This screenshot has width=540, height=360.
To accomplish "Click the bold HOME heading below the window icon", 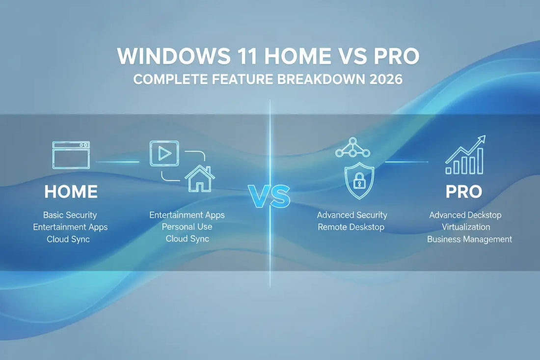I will tap(71, 192).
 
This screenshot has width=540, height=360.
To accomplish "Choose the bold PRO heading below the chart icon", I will tap(464, 192).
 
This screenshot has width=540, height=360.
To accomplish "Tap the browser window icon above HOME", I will tap(71, 155).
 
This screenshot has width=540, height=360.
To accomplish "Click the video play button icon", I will tap(164, 153).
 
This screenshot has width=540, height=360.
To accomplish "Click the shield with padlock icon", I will tap(359, 180).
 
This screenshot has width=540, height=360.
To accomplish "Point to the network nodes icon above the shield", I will tap(352, 147).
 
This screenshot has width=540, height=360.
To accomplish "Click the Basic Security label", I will tap(70, 215).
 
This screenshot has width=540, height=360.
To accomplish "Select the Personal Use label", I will tap(187, 227).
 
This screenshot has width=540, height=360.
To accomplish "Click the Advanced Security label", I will tap(352, 215).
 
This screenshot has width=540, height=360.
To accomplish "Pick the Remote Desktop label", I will tap(351, 227).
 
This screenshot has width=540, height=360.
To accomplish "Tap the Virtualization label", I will tap(465, 227).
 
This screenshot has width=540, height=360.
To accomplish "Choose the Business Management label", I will tap(469, 239).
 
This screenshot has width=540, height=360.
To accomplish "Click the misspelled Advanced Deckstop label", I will tap(465, 215).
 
